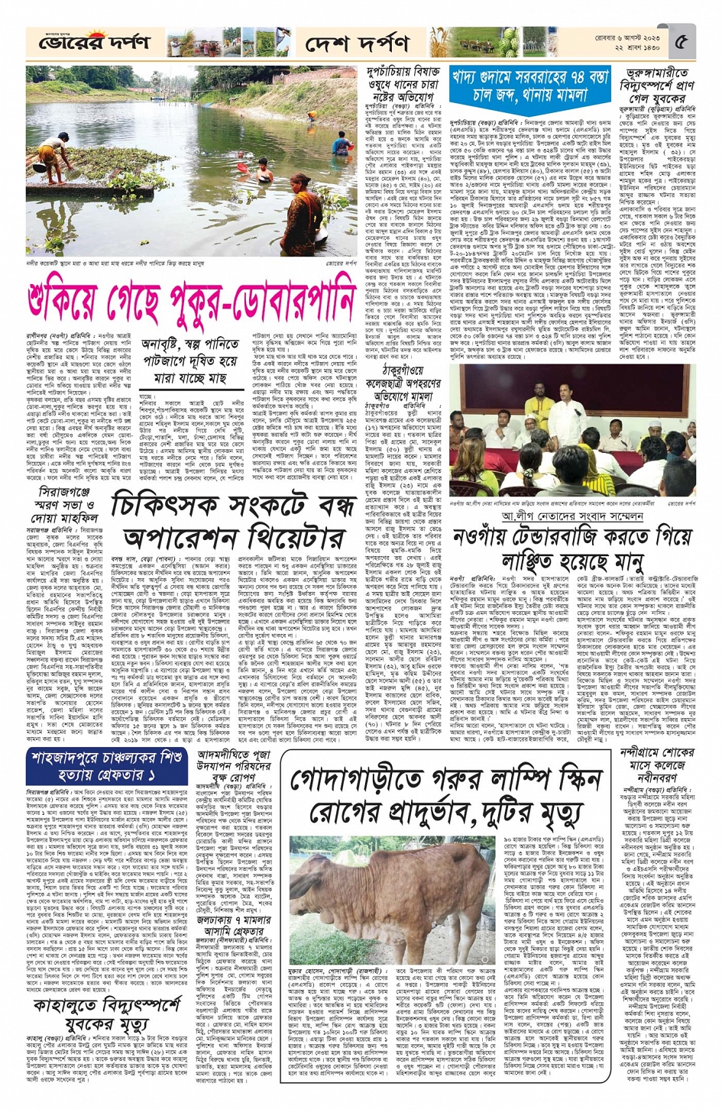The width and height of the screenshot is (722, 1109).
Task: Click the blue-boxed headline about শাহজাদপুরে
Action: [x=106, y=757]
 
